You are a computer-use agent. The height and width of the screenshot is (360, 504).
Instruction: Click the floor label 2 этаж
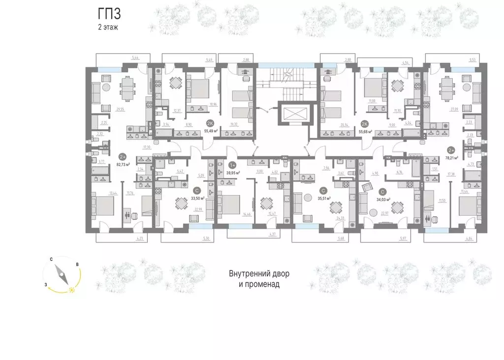pyautogui.click(x=108, y=28)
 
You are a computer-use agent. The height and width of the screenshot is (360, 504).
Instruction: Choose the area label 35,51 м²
pyautogui.click(x=323, y=198)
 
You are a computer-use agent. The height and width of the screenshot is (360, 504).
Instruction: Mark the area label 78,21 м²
pyautogui.click(x=451, y=158)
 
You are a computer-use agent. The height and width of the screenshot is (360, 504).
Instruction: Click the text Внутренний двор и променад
pyautogui.click(x=254, y=278)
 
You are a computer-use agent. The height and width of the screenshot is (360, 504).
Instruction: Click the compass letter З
pyautogui.click(x=45, y=284)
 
